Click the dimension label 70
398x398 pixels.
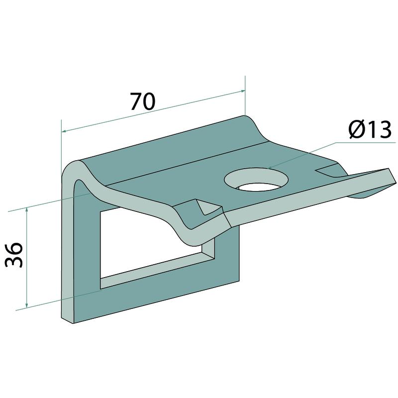[142, 101]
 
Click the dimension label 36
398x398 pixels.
[14, 255]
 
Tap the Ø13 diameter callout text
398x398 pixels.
[370, 129]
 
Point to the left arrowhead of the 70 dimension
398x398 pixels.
[64, 131]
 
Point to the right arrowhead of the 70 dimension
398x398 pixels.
[243, 91]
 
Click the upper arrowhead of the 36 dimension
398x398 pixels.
[26, 209]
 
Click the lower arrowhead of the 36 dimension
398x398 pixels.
[26, 305]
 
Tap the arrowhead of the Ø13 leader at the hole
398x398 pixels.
[270, 168]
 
